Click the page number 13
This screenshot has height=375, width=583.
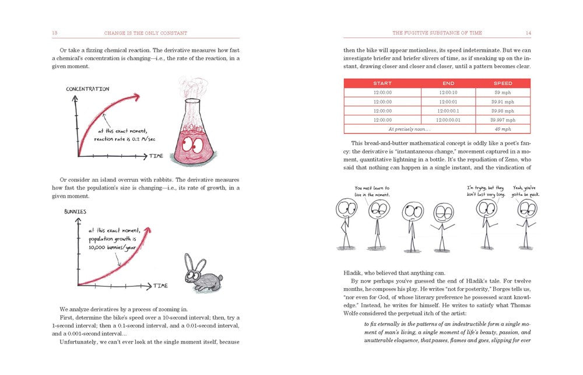click(x=54, y=32)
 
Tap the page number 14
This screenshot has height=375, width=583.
click(x=528, y=32)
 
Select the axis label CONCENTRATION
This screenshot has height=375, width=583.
click(x=87, y=89)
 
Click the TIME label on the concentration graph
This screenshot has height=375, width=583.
click(x=156, y=156)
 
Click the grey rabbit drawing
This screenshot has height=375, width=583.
click(x=201, y=272)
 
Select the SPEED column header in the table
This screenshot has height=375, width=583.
click(x=503, y=83)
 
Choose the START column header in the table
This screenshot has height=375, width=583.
click(x=382, y=83)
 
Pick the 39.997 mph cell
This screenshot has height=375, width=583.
click(x=503, y=120)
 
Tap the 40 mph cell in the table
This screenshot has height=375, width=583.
click(x=503, y=129)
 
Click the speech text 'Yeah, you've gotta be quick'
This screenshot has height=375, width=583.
click(x=524, y=191)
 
